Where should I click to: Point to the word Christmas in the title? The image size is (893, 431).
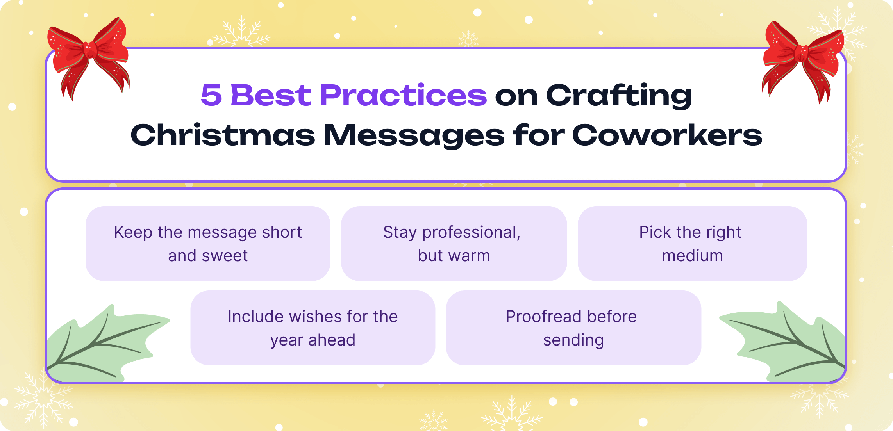click(x=223, y=135)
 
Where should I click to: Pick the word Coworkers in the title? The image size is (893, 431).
click(x=667, y=135)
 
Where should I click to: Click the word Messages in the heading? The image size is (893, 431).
click(x=414, y=135)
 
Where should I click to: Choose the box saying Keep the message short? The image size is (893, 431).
click(x=208, y=243)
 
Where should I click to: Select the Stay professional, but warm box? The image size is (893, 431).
click(x=454, y=243)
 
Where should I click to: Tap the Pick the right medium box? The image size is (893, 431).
click(x=692, y=243)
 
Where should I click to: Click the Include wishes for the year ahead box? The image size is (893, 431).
click(x=313, y=328)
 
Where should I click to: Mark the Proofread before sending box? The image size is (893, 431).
click(x=573, y=328)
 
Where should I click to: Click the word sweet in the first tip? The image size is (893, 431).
click(x=225, y=256)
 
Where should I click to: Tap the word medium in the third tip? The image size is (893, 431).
click(x=692, y=256)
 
